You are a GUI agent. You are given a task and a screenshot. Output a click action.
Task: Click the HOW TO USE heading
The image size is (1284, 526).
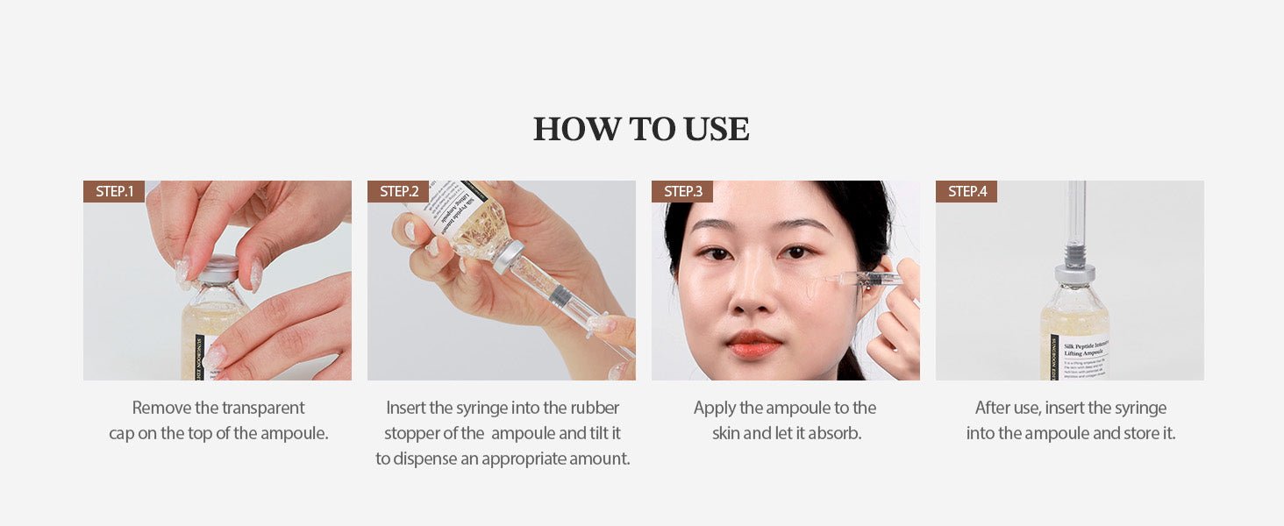point(641,129)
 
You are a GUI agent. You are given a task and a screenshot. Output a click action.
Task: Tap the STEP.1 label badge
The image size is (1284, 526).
point(114,191)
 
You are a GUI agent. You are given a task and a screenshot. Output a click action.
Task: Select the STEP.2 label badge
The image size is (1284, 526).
point(398,191)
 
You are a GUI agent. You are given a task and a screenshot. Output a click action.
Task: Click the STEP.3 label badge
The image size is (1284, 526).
point(682,191)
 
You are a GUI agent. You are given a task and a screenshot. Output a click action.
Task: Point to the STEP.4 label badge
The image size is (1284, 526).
point(967,191)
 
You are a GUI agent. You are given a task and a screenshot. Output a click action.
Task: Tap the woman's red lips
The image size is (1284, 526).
point(753,344)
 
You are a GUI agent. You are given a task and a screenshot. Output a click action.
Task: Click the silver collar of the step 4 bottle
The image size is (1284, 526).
point(1074,274)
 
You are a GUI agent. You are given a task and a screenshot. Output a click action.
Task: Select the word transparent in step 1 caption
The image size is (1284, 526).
point(263,408)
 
